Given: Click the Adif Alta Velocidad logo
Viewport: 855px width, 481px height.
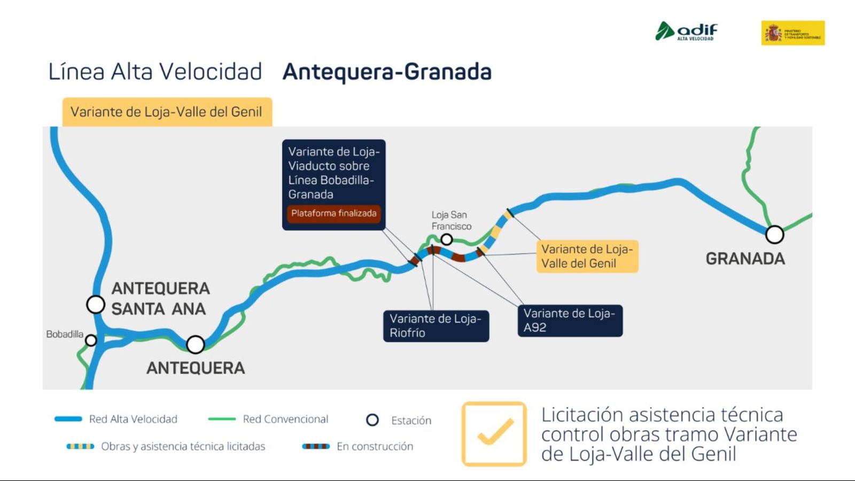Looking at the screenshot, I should pos(687,31).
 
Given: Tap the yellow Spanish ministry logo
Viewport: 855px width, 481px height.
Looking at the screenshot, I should pos(792,33).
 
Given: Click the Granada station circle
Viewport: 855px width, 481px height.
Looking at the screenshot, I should pos(774,234).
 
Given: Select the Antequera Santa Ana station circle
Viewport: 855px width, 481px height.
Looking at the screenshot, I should pos(96,305).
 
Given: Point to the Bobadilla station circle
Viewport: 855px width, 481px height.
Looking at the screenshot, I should pos(91,340).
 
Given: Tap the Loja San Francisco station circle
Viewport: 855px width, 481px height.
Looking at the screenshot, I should pos(447,239).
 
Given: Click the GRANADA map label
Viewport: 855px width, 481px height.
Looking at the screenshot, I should pos(745,259).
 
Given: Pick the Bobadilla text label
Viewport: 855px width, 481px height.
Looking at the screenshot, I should pos(65,334).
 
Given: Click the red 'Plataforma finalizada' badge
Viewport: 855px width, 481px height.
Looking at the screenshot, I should pos(334,213).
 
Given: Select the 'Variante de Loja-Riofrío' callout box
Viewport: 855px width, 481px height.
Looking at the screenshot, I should pos(436,325).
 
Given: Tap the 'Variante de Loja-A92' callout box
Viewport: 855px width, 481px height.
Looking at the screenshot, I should pos(570,320).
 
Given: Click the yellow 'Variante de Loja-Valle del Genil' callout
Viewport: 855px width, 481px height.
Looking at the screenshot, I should pos(587,256).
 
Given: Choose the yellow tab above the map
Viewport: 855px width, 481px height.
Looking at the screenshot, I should pos(167,112).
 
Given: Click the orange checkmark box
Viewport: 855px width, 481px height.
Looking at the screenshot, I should pos(494,433).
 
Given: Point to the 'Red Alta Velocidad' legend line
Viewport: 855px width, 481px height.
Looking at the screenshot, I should pos(68,419).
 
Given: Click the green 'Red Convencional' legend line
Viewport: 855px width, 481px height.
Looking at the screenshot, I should pos(222,419).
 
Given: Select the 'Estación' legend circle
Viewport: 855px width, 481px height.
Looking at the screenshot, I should pos(372,420).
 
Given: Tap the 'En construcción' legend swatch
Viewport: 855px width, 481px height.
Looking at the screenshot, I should pos(316,446).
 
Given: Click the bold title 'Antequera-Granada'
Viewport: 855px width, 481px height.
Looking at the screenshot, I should pos(387,72).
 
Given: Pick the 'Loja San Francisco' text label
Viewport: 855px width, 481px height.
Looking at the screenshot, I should pos(451,220).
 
